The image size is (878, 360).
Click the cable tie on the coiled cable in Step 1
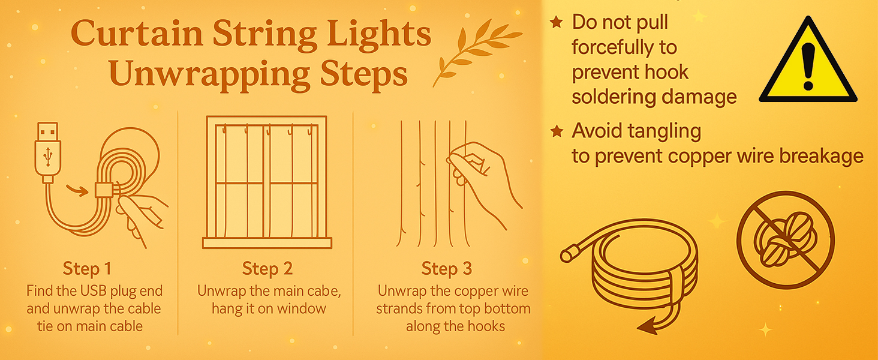click(104, 190)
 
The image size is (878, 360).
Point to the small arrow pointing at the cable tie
click(77, 191)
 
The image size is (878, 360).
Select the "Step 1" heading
click(87, 269)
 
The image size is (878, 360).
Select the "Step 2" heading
click(267, 269)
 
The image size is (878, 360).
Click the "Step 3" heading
click(446, 269)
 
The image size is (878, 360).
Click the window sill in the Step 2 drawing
click(267, 243)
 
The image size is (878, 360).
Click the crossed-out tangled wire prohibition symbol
click(786, 240)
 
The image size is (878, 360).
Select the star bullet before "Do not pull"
click(557, 22)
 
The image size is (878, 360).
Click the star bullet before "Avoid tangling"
click(557, 131)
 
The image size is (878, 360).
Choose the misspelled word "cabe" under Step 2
click(325, 291)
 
